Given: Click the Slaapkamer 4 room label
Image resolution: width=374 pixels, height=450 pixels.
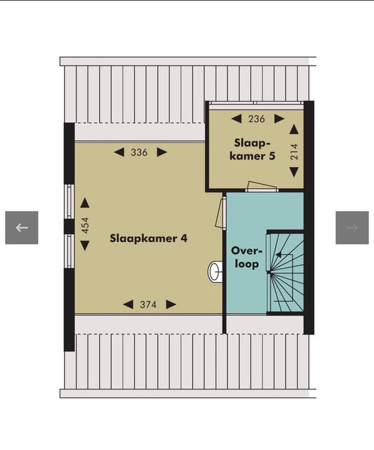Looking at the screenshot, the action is click(x=148, y=239).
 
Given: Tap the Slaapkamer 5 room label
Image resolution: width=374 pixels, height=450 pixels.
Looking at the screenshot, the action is click(x=252, y=149).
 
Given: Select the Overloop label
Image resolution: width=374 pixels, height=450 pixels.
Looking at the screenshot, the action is click(x=247, y=257).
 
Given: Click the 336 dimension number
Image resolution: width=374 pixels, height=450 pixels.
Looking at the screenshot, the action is click(x=139, y=153).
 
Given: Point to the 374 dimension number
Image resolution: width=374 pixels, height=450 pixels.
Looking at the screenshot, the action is click(x=148, y=305).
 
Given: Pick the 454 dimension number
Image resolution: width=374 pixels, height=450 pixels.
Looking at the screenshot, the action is click(x=85, y=225).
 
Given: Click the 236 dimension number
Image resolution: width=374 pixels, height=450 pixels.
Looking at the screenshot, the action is click(x=257, y=119).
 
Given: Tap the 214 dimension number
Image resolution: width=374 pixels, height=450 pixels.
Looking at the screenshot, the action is click(x=294, y=152).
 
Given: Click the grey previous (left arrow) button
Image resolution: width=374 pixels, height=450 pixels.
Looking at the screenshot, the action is click(x=22, y=228).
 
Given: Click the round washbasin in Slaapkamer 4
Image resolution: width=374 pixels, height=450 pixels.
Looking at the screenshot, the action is click(x=214, y=272).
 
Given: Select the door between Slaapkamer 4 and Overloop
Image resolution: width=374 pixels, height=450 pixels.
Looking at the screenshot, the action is click(x=221, y=213).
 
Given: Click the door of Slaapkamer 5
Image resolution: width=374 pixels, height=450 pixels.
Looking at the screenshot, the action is click(x=261, y=186).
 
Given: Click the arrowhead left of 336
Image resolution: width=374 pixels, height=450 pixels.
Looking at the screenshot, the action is click(x=119, y=153).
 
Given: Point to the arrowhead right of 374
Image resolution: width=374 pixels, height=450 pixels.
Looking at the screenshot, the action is click(x=171, y=305).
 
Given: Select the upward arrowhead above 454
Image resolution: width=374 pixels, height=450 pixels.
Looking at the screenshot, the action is click(x=85, y=203).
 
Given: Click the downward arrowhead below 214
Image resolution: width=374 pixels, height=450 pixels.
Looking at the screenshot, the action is click(x=294, y=173).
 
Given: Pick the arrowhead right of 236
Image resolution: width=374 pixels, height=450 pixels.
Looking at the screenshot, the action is click(x=279, y=119).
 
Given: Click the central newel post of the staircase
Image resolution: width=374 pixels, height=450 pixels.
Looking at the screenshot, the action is click(x=269, y=272).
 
